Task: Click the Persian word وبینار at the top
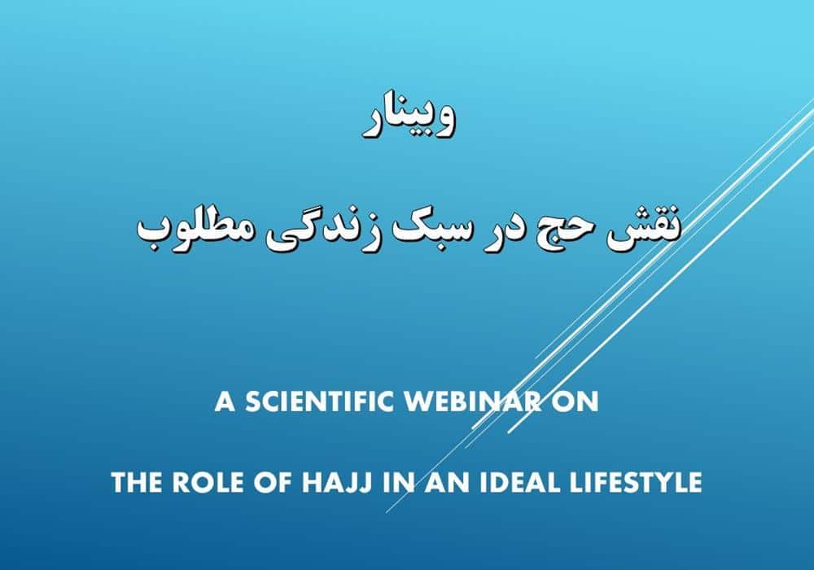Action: (409, 119)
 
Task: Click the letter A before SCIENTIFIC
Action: (225, 401)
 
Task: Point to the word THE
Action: (137, 482)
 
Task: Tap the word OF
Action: (274, 482)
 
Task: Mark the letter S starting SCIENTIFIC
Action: (253, 401)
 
